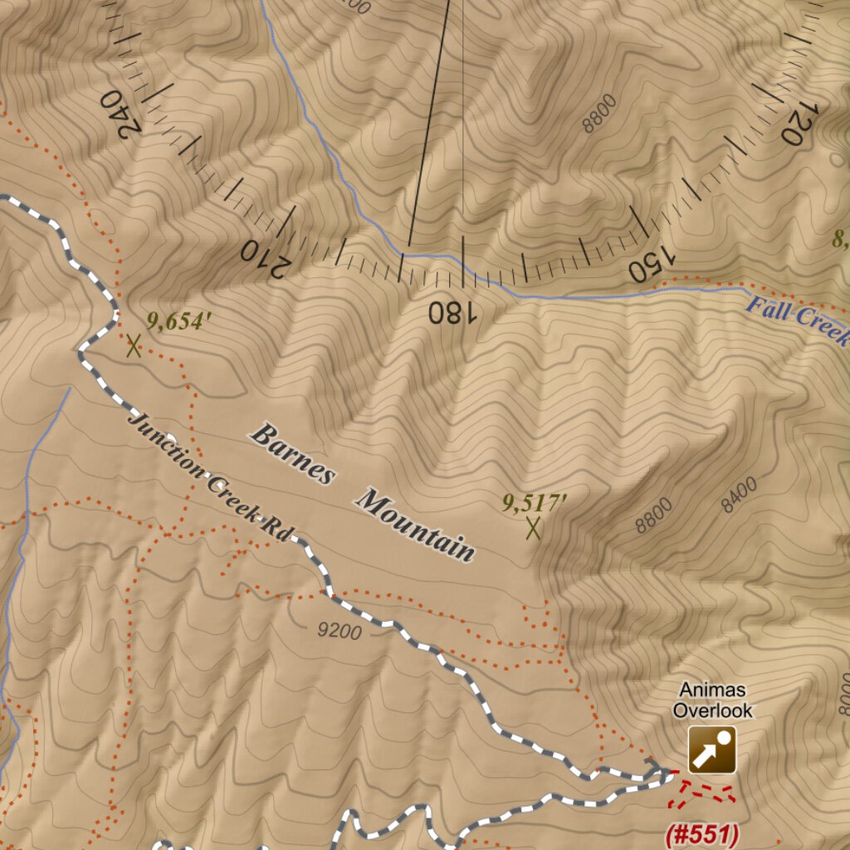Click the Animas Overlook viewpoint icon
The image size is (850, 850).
711,750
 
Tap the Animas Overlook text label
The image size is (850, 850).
712,700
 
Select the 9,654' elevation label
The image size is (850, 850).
175,320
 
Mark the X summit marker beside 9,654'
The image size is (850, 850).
133,345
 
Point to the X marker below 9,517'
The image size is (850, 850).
533,528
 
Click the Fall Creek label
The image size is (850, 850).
797,322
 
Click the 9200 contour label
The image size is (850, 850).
340,632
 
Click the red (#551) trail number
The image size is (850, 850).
702,834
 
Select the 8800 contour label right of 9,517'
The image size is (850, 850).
654,516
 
